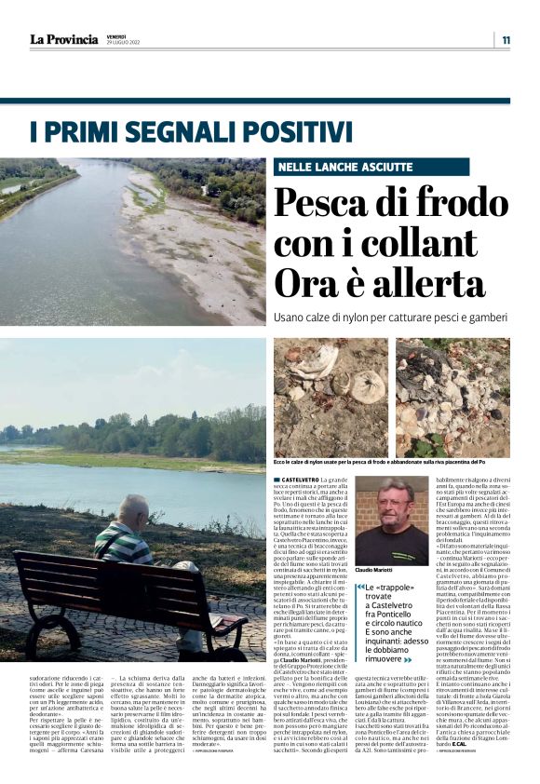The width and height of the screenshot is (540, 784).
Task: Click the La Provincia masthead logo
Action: click(63, 39)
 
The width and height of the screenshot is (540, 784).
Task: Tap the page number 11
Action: click(506, 39)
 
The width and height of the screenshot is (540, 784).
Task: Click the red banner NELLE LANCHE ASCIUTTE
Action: click(344, 167)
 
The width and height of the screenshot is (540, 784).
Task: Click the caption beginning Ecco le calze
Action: click(391, 462)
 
